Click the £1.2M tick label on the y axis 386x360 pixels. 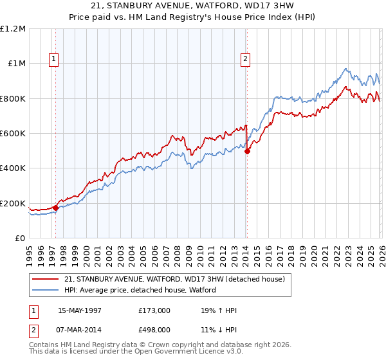tap(13, 28)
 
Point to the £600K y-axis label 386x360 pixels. tap(13, 133)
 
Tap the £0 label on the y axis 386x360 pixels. tap(21, 238)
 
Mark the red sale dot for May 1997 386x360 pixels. tap(56, 208)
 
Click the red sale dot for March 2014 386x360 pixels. tap(247, 151)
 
